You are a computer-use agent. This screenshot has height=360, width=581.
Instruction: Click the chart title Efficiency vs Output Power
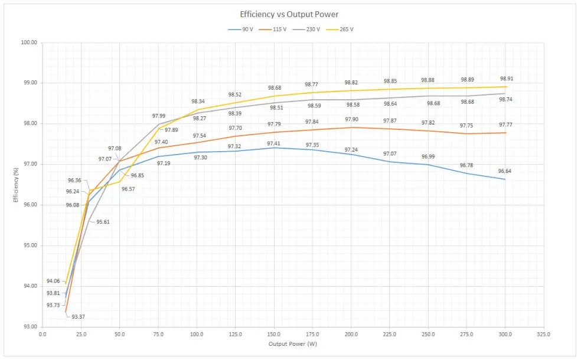coord(289,14)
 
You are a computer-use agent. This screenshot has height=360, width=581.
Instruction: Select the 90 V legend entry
coord(241,29)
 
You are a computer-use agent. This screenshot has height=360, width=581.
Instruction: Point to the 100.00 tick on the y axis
coord(28,42)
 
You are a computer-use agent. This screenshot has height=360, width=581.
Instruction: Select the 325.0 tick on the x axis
coord(544,334)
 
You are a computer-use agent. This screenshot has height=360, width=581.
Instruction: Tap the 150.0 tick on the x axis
coord(273,334)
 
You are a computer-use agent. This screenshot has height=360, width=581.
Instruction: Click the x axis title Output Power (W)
coord(292,343)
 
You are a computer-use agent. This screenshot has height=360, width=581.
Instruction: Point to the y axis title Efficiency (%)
coord(16,185)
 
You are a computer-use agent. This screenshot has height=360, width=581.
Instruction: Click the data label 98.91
coord(506,78)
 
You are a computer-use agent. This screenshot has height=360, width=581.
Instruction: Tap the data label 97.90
coord(352,120)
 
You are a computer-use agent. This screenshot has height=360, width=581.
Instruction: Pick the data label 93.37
coord(79,317)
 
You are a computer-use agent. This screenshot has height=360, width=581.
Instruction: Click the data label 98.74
coord(505,100)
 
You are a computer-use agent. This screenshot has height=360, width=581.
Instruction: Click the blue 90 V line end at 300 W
coord(505,179)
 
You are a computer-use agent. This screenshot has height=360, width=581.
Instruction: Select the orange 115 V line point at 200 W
coord(351,127)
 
